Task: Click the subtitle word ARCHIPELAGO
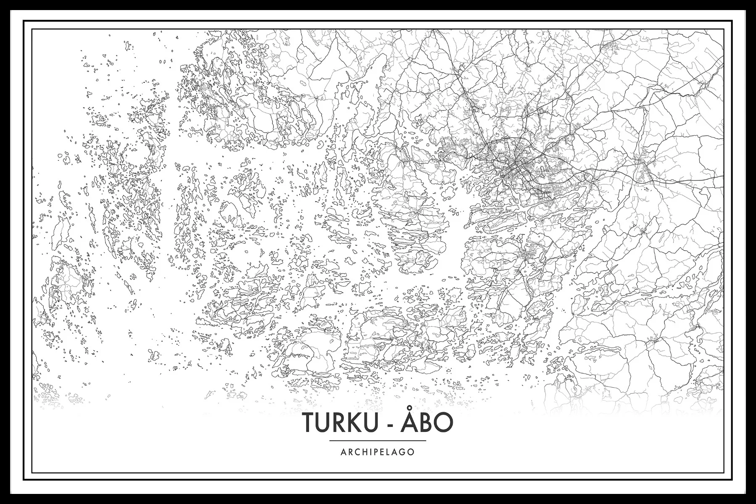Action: coord(378,452)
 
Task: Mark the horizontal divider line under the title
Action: coord(378,441)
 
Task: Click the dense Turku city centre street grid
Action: coord(513,168)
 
